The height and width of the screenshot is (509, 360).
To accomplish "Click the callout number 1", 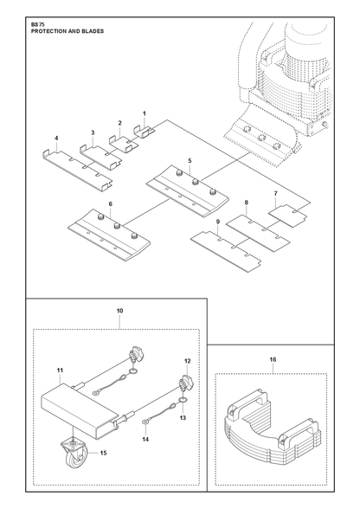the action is tap(145, 113).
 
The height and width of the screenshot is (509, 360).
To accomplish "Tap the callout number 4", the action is tap(56, 139).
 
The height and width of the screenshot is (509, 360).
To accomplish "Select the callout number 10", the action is tap(119, 311).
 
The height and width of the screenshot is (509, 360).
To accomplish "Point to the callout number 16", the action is tap(273, 359).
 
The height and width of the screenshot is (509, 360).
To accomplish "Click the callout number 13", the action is tap(183, 417).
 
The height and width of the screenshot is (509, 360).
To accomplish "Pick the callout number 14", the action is tap(145, 439).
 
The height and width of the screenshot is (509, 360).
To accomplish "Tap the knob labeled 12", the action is tap(184, 382).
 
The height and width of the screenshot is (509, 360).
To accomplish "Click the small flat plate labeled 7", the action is tap(287, 216).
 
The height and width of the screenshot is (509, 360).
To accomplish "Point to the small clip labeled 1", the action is tap(144, 132).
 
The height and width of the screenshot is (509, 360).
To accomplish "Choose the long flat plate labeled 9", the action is tap(226, 251).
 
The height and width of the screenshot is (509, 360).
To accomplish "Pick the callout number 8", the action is tap(247, 203).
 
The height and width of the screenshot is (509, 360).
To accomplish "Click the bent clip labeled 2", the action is tap(123, 143).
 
